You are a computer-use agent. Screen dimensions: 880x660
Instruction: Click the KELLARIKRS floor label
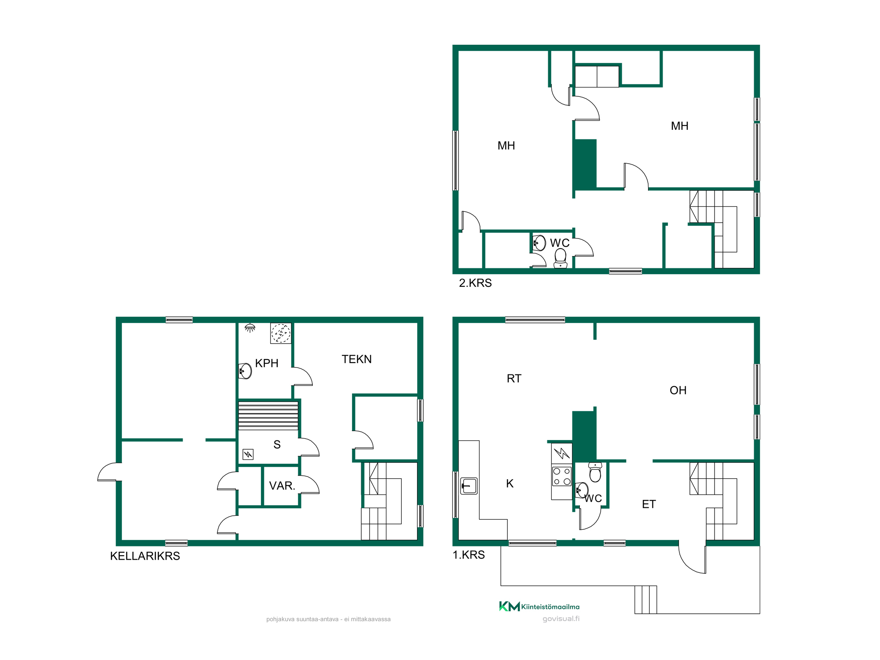coord(145,556)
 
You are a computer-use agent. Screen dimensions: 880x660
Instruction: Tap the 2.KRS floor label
coord(475,283)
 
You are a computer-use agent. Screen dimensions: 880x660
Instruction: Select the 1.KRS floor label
coord(469,555)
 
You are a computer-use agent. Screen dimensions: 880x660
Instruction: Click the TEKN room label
coord(357,359)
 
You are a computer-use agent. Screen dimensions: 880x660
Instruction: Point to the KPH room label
coord(267,363)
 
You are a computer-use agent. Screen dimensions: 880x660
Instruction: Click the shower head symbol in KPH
coord(250,328)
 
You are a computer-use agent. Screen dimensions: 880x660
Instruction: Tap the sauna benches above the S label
coord(268,415)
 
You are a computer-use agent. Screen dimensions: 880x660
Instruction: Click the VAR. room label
coord(282,486)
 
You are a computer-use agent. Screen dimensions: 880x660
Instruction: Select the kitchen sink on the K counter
coord(469,486)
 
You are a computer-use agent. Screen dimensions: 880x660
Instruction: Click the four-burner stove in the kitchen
coord(562,477)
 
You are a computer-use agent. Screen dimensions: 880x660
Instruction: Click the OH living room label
coord(678,390)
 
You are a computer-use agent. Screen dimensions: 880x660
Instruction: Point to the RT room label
coord(514,378)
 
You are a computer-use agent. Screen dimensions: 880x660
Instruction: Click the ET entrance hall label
coord(649,504)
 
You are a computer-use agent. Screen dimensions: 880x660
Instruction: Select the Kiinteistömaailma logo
coord(539,606)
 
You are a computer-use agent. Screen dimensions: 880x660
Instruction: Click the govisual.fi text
coord(561,619)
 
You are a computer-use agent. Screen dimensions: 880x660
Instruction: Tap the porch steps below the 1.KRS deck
coord(645,600)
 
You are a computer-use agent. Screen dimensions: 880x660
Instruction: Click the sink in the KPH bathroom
coord(245,371)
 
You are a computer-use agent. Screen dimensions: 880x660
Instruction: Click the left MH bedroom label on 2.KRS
coord(506,146)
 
